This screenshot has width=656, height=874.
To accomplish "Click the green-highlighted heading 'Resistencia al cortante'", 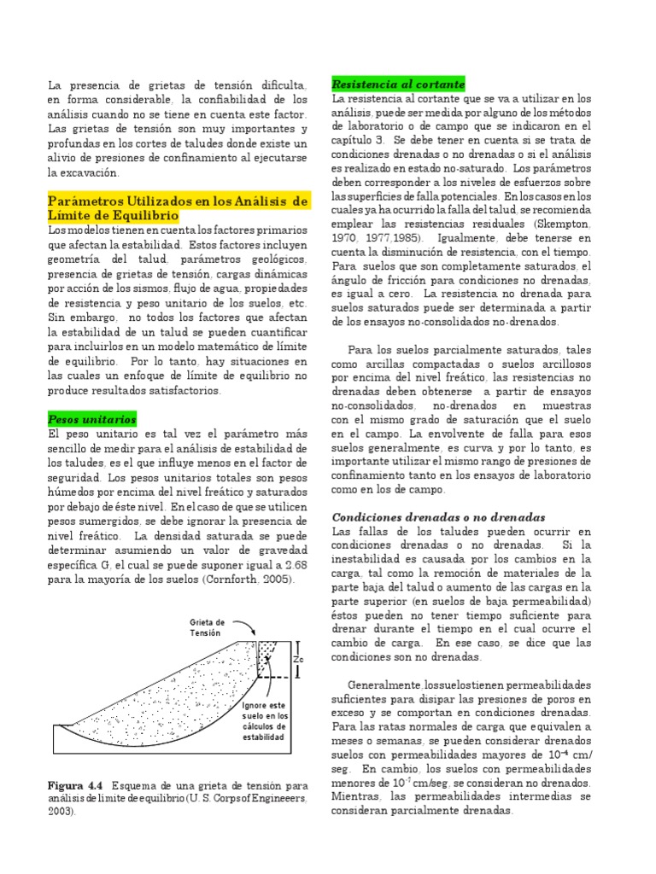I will pyautogui.click(x=397, y=84).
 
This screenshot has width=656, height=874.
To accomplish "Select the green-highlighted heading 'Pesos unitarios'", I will pyautogui.click(x=91, y=419).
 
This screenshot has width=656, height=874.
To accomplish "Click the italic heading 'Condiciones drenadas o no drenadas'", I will pyautogui.click(x=438, y=517).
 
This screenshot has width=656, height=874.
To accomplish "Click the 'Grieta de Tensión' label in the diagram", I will pyautogui.click(x=208, y=627).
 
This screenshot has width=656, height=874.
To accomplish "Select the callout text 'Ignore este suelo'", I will pyautogui.click(x=264, y=710).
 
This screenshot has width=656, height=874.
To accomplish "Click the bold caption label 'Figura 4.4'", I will pyautogui.click(x=75, y=784).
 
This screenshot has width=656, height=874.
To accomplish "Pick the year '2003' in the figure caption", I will pyautogui.click(x=61, y=812).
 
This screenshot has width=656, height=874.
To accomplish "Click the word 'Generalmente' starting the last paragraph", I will pyautogui.click(x=385, y=686).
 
